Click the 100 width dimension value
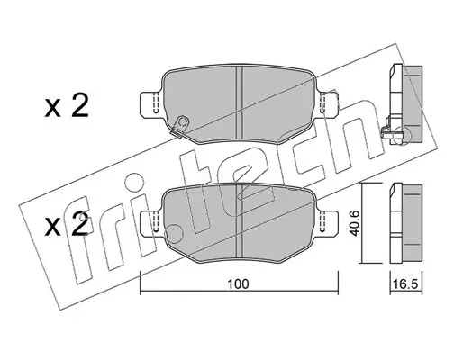pos(238,284)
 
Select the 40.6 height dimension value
pos(355,222)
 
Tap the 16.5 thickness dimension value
pos(405,283)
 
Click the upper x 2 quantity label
pos(67,106)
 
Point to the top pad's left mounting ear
pos(151,103)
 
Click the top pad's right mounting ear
pos(329,103)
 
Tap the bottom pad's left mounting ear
pos(151,222)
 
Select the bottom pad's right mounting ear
pos(328,222)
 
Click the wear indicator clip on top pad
pos(179,127)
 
